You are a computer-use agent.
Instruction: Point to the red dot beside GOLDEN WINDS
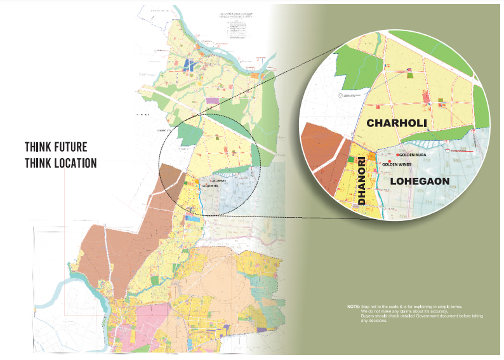pos(379,164)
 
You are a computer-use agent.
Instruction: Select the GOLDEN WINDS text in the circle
pos(397,164)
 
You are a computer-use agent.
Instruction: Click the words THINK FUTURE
pos(56,147)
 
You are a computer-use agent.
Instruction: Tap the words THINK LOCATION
pos(60,163)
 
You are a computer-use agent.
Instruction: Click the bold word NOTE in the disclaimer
pos(353,306)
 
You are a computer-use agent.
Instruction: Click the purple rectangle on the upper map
pos(211,100)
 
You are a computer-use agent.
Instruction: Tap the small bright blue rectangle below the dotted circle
pos(192,218)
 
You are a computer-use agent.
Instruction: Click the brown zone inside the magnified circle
pos(324,159)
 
